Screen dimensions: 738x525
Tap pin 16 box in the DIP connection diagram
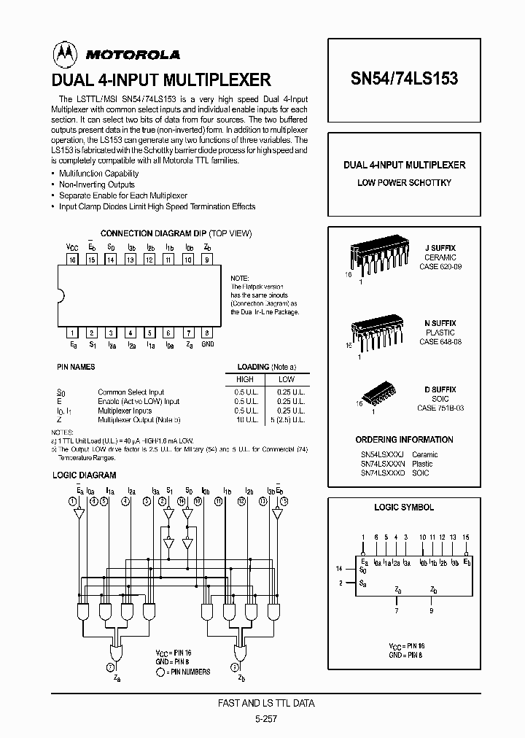coord(73,258)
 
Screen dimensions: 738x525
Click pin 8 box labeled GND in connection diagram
coord(208,332)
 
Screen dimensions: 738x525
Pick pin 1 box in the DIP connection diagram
coord(73,332)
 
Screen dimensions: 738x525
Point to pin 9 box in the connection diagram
coord(208,258)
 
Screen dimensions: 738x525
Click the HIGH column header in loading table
coord(245,380)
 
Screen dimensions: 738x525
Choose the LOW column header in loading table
coord(286,380)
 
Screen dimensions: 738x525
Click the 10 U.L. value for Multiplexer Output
coord(245,420)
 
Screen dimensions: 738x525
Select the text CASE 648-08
coord(440,341)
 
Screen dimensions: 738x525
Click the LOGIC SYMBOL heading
coord(404,507)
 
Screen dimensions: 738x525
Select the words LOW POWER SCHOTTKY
coord(404,182)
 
